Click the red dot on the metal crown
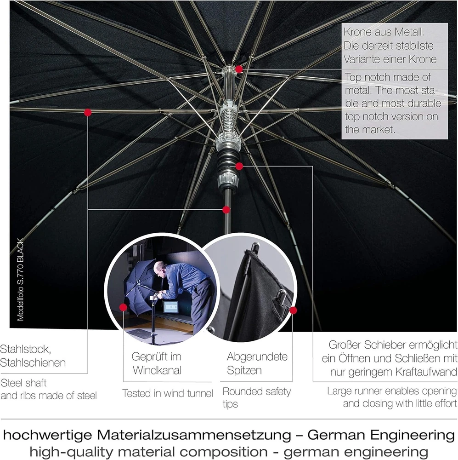click(239, 69)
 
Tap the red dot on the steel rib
click(88, 112)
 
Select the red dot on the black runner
click(239, 167)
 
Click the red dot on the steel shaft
click(226, 210)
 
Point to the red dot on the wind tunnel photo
click(124, 307)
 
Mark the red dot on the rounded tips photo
click(293, 310)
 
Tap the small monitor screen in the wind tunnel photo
click(171, 307)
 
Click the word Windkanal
click(157, 370)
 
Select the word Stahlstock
click(25, 350)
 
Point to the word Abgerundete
click(257, 357)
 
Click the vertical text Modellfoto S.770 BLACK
click(20, 280)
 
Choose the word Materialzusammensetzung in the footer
click(194, 435)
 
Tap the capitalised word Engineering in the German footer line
click(412, 435)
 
